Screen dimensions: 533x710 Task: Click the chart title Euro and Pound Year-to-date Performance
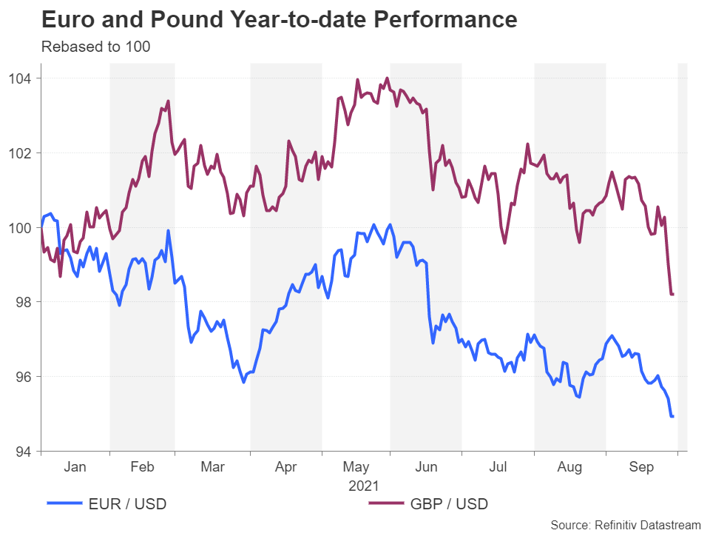tap(279, 20)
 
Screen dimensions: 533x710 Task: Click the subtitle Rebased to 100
tap(95, 47)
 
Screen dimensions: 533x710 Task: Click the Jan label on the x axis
tap(75, 467)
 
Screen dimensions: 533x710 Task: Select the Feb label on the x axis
tap(142, 467)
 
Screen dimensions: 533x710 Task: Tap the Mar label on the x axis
tap(212, 467)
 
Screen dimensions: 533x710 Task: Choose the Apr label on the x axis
tap(285, 467)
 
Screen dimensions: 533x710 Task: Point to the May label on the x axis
tap(356, 467)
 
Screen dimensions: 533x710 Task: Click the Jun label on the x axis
tap(427, 467)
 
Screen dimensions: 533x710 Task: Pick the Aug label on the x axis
tap(569, 467)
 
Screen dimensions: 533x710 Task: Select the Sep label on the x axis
tap(641, 467)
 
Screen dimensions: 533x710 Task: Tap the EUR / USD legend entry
tap(107, 504)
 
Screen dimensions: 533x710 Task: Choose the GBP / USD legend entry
tap(429, 504)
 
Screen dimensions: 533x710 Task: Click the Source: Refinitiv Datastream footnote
tap(626, 524)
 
